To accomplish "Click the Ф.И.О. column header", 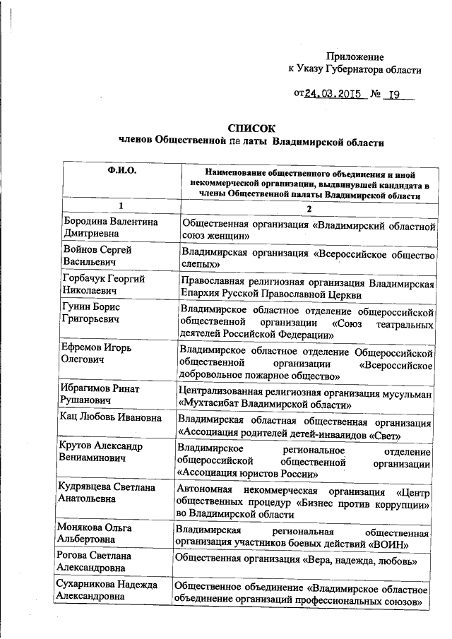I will [x=121, y=171].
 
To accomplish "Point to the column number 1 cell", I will [x=121, y=205].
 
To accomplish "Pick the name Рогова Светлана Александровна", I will [x=102, y=561].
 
